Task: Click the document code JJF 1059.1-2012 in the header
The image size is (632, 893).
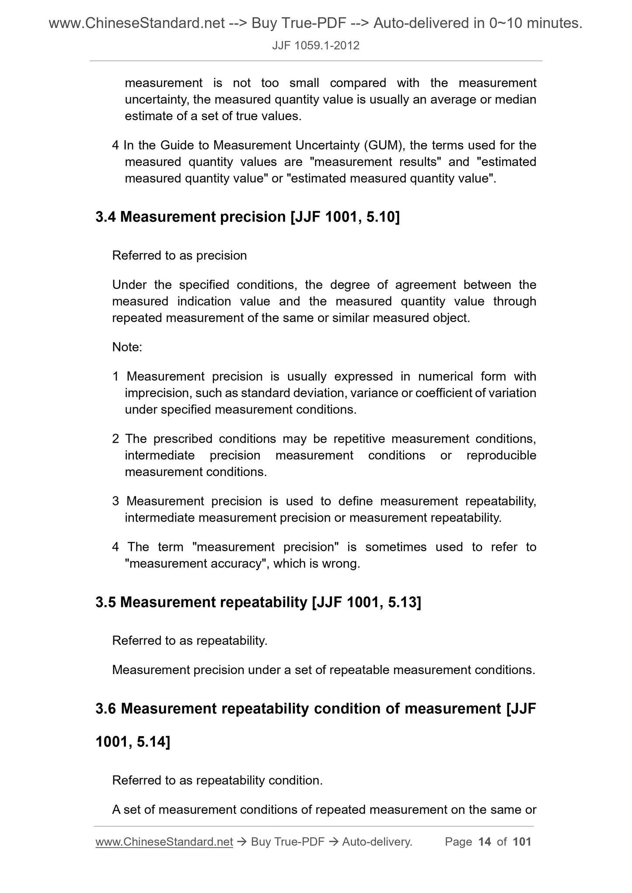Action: click(x=315, y=45)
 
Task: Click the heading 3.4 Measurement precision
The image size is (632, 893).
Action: click(x=247, y=217)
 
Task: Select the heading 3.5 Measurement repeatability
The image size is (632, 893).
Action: click(x=258, y=602)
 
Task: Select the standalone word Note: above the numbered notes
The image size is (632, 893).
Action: click(x=127, y=347)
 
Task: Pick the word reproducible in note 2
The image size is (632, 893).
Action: click(x=501, y=455)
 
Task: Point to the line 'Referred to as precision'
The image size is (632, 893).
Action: click(x=179, y=256)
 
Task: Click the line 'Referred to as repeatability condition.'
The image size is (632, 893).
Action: click(x=217, y=780)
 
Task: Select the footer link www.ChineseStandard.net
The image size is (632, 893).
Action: click(x=164, y=842)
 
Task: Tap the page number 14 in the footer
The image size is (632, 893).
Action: click(x=485, y=842)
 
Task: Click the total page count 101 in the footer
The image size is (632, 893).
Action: click(x=522, y=842)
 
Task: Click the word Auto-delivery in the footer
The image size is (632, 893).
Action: click(x=377, y=842)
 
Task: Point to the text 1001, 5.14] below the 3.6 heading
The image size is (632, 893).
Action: click(x=133, y=741)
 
